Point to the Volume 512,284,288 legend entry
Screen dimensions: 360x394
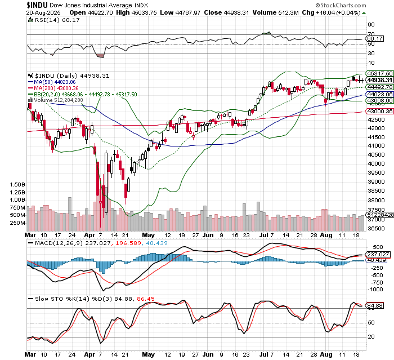tap(58, 100)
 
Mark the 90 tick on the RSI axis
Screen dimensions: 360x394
tap(371, 24)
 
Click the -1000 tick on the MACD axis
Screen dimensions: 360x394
tap(373, 288)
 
